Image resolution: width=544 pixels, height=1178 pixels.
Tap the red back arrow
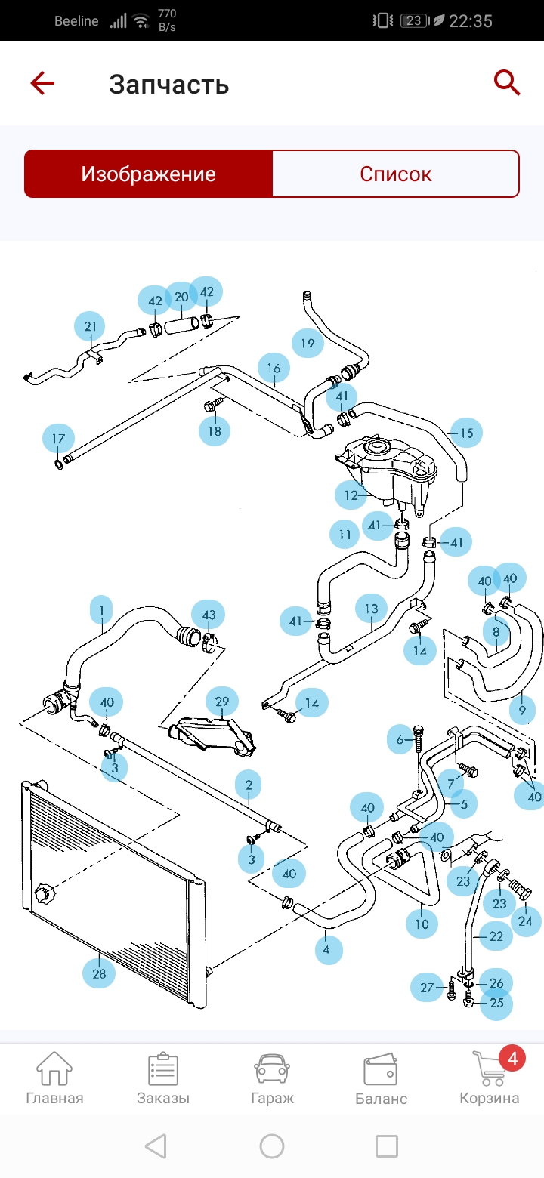[42, 83]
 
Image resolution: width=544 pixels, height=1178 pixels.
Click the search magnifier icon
[507, 82]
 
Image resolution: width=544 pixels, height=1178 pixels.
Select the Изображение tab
[149, 174]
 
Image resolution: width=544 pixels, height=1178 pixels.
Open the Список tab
[395, 174]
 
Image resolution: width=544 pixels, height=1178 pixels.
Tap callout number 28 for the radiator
[99, 974]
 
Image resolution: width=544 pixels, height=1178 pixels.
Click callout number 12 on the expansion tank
[351, 495]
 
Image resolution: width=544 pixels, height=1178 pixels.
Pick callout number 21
[91, 327]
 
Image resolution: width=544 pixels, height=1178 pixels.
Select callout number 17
[58, 438]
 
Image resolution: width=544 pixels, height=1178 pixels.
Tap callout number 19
[308, 344]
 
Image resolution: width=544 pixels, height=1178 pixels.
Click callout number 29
[222, 702]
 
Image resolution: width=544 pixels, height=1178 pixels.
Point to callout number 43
[209, 615]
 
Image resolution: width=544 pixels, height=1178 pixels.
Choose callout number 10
[422, 923]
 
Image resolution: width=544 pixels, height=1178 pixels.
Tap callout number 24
[525, 921]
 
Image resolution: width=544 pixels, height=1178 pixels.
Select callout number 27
[427, 988]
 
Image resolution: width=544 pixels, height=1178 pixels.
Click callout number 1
[101, 609]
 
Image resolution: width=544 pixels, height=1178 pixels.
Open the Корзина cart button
[490, 1078]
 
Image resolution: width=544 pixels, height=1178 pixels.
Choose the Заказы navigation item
[163, 1078]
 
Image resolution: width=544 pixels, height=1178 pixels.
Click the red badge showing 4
[512, 1059]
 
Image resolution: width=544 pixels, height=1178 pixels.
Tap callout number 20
[181, 297]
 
